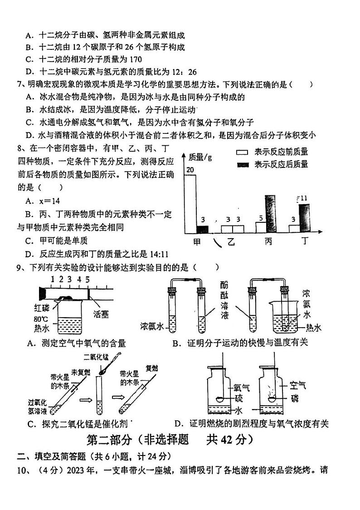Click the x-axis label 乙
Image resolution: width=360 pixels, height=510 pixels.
[232, 243]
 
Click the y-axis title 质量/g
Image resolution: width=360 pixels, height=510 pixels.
[200, 157]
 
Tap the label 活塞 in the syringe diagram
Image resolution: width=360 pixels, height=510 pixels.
[101, 314]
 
